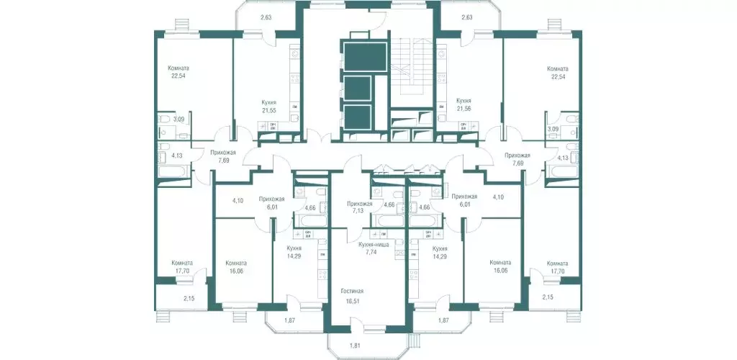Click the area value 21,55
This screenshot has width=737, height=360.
(269, 111)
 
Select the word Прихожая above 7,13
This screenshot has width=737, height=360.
(359, 204)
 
